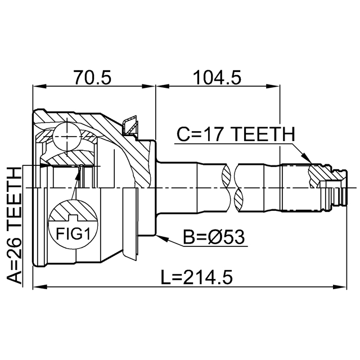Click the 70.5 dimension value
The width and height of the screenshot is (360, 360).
point(92,78)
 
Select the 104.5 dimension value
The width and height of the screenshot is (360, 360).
point(217,78)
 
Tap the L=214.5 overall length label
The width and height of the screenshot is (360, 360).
point(196,277)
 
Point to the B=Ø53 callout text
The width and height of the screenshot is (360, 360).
point(214,237)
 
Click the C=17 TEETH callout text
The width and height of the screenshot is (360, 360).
point(236,134)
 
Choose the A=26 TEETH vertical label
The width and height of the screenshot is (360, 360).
point(13,226)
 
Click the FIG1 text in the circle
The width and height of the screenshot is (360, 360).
point(73,234)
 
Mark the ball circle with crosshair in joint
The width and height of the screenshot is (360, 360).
point(67,137)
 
